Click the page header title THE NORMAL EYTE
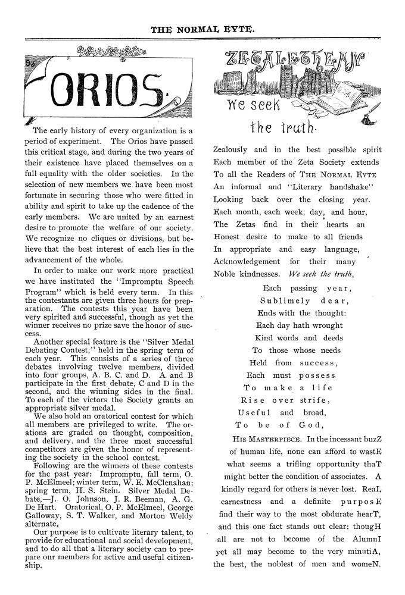click(203, 28)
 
